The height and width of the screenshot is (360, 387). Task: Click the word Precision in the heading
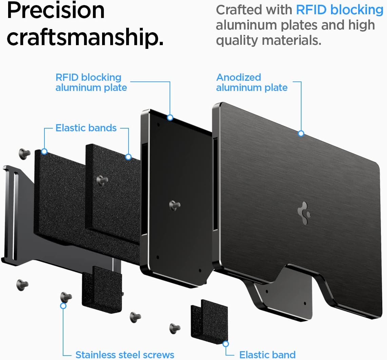[x=56, y=11]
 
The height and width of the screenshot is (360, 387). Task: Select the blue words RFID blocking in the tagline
[x=340, y=10]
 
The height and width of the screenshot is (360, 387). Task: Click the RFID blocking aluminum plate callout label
[x=91, y=82]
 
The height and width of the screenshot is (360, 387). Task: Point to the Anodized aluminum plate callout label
[x=252, y=82]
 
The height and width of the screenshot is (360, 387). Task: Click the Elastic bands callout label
[x=86, y=128]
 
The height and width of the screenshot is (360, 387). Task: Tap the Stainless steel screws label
[x=124, y=355]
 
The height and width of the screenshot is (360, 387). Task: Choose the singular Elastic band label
[x=267, y=355]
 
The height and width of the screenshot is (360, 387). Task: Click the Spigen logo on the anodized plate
[x=304, y=213]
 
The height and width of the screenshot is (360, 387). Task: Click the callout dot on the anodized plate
[x=301, y=134]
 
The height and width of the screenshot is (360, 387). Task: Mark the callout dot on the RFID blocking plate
[x=170, y=117]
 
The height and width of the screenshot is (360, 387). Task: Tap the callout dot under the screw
[x=63, y=306]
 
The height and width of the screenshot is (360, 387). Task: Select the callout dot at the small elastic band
[x=226, y=344]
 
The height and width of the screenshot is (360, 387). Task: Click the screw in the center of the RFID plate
[x=175, y=205]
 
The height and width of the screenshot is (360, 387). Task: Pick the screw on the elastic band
[x=102, y=181]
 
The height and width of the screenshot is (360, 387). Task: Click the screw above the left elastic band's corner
[x=24, y=154]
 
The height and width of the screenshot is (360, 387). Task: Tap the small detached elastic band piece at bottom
[x=209, y=321]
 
